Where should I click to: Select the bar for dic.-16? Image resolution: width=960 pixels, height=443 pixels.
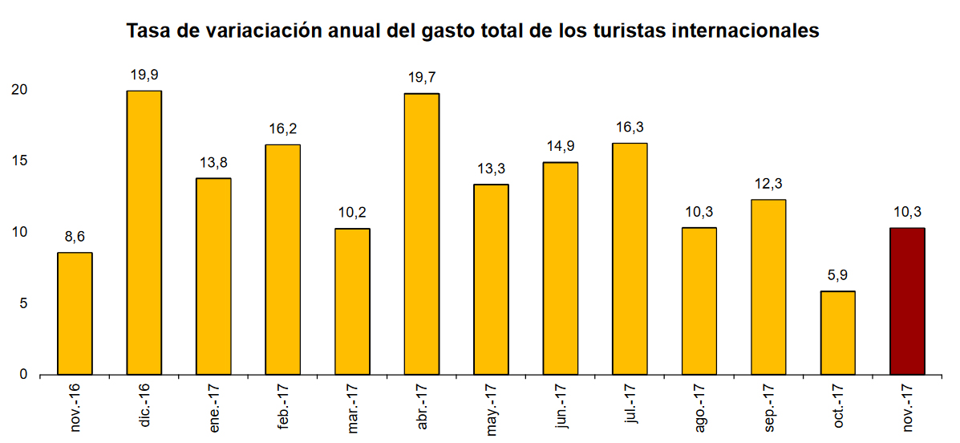click(144, 233)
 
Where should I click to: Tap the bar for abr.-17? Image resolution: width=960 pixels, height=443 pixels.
click(422, 234)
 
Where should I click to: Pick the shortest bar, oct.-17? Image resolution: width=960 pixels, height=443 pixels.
click(838, 332)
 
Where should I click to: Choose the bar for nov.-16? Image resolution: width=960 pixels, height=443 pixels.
click(75, 313)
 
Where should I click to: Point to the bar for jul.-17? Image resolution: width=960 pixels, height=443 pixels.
click(630, 258)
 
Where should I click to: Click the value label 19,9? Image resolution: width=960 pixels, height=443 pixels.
click(144, 75)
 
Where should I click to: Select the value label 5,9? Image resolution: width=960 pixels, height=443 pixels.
click(838, 275)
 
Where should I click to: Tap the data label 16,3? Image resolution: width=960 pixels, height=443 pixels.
click(630, 127)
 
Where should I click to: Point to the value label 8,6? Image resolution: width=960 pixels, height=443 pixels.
click(75, 237)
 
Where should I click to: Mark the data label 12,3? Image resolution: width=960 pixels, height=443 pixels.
click(768, 184)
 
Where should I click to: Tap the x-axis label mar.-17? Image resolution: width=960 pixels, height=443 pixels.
click(353, 409)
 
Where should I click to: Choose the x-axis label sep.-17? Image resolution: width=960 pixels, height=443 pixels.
click(768, 409)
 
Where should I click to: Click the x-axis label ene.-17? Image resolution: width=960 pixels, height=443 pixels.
click(214, 409)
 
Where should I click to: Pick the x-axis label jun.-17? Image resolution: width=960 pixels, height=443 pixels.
click(561, 409)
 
